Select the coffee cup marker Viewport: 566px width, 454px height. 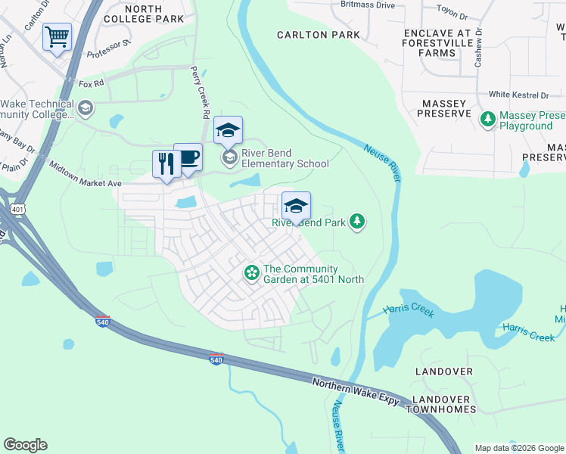click(x=188, y=157)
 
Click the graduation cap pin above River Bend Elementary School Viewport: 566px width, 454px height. click(x=228, y=130)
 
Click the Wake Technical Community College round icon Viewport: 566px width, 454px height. click(x=85, y=108)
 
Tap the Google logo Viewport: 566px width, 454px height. click(x=25, y=445)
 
